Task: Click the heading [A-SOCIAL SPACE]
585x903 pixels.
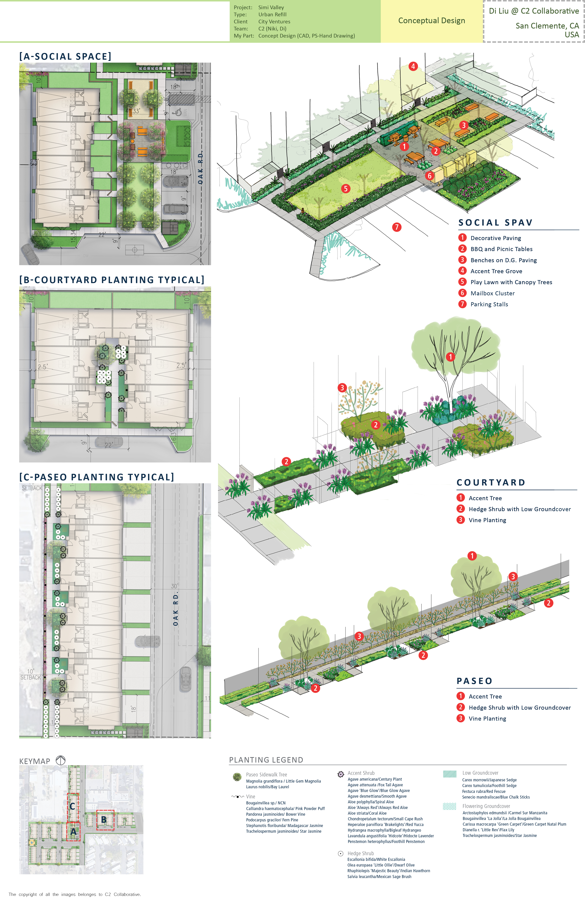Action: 65,56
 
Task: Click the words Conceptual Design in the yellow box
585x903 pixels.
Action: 431,21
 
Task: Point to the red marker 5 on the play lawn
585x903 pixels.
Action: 345,189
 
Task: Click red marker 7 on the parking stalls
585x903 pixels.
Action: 397,227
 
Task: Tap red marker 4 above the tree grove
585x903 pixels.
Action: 413,66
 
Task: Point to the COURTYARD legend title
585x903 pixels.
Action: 491,483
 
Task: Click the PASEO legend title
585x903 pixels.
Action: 474,681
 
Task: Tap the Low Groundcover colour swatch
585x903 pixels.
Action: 450,774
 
